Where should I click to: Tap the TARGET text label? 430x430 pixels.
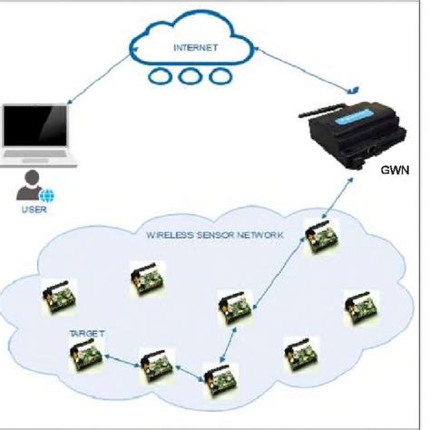pos(87,334)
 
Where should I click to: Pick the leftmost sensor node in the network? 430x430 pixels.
pos(60,298)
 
